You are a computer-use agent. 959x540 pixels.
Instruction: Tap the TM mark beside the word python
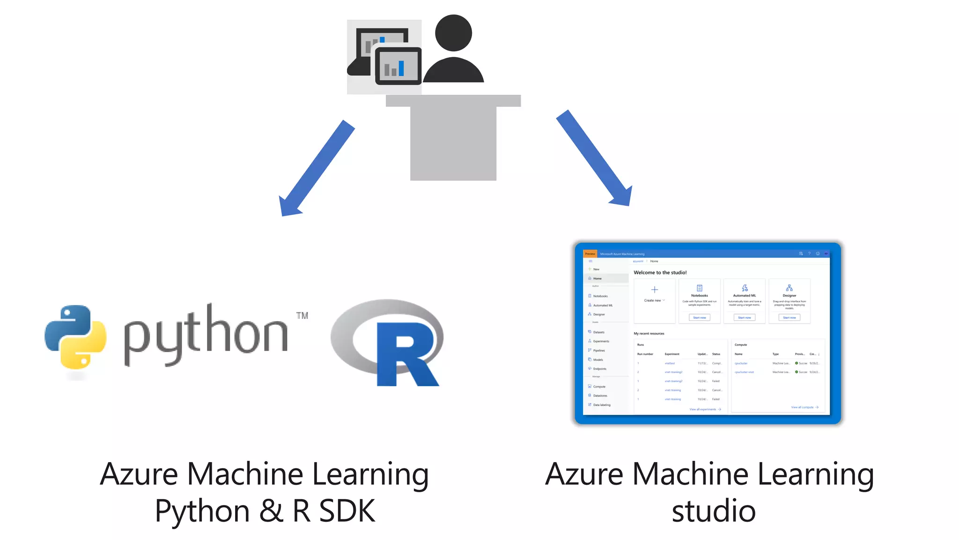(302, 315)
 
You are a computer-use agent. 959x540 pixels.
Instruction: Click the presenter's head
(453, 33)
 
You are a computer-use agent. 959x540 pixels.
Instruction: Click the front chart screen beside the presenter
(398, 66)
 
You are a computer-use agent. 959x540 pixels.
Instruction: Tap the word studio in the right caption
(714, 511)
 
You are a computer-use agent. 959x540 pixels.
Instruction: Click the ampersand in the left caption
(271, 511)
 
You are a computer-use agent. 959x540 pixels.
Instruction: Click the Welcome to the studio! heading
(660, 272)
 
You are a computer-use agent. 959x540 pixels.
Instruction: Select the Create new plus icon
(654, 290)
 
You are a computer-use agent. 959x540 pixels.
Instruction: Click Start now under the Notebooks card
(699, 318)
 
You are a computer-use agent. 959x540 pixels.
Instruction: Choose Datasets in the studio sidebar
(598, 332)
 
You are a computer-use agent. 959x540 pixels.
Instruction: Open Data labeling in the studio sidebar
(601, 405)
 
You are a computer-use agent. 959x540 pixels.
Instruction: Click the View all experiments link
(703, 410)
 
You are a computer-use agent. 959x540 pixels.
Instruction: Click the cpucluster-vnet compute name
(744, 372)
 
